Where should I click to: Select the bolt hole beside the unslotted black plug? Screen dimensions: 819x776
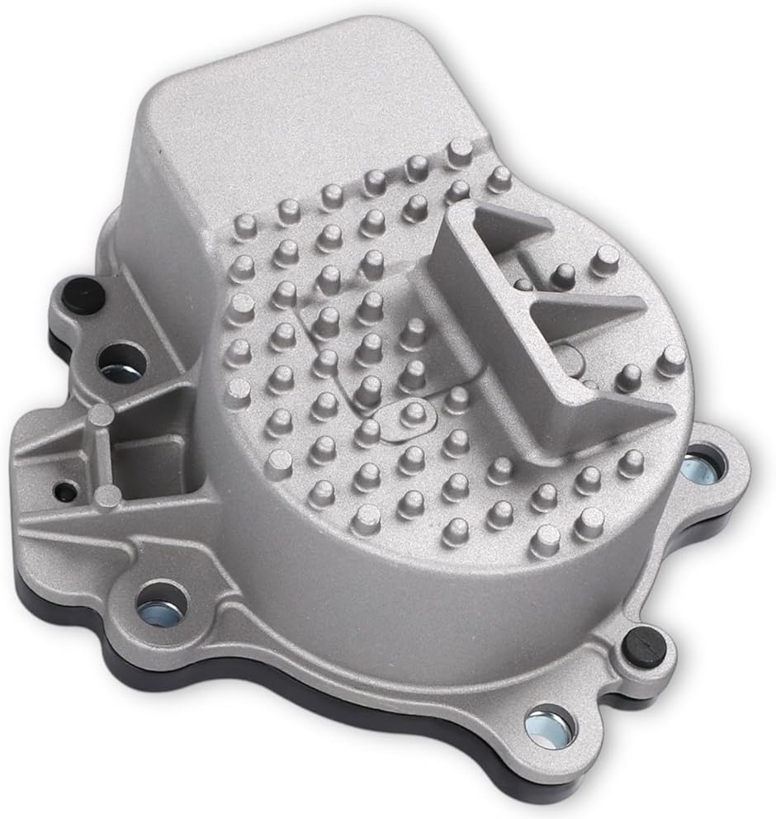[121, 361]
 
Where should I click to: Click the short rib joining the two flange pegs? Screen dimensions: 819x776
[101, 454]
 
